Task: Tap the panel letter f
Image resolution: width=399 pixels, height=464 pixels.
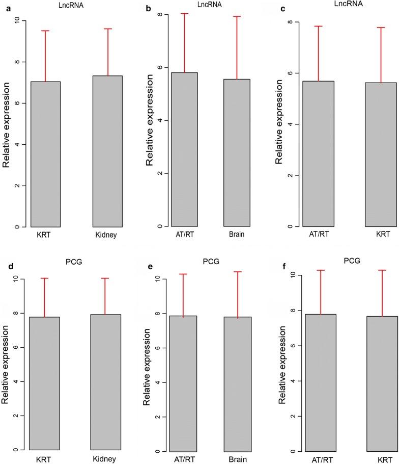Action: tap(278, 265)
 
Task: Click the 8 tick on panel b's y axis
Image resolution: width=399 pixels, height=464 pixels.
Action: tap(160, 14)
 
